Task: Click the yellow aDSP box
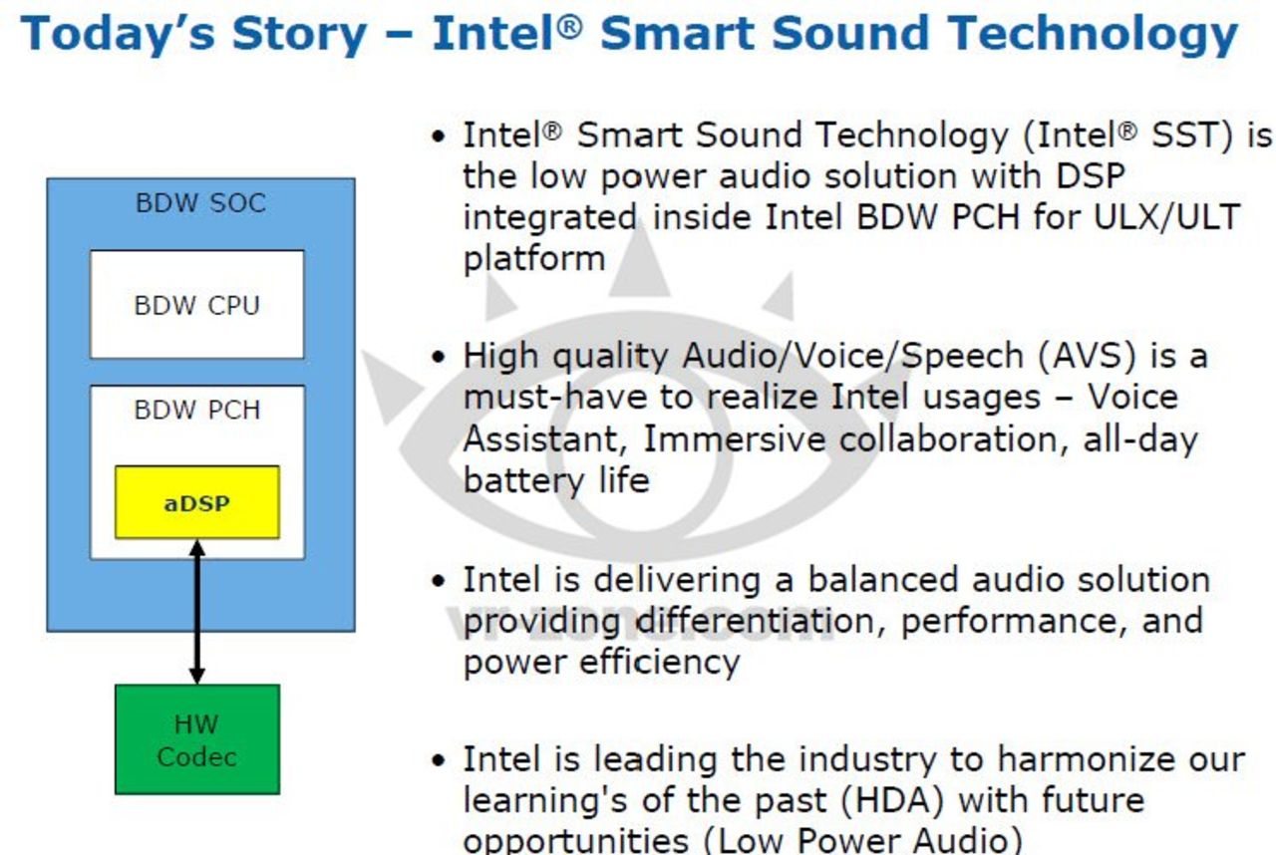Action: pyautogui.click(x=196, y=502)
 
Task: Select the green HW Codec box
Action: pyautogui.click(x=196, y=738)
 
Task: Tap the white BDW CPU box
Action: pyautogui.click(x=196, y=304)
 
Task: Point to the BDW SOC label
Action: pyautogui.click(x=200, y=203)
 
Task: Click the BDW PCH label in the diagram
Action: pyautogui.click(x=196, y=409)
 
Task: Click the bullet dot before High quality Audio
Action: pyautogui.click(x=437, y=357)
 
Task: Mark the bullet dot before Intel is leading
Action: pyautogui.click(x=437, y=760)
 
